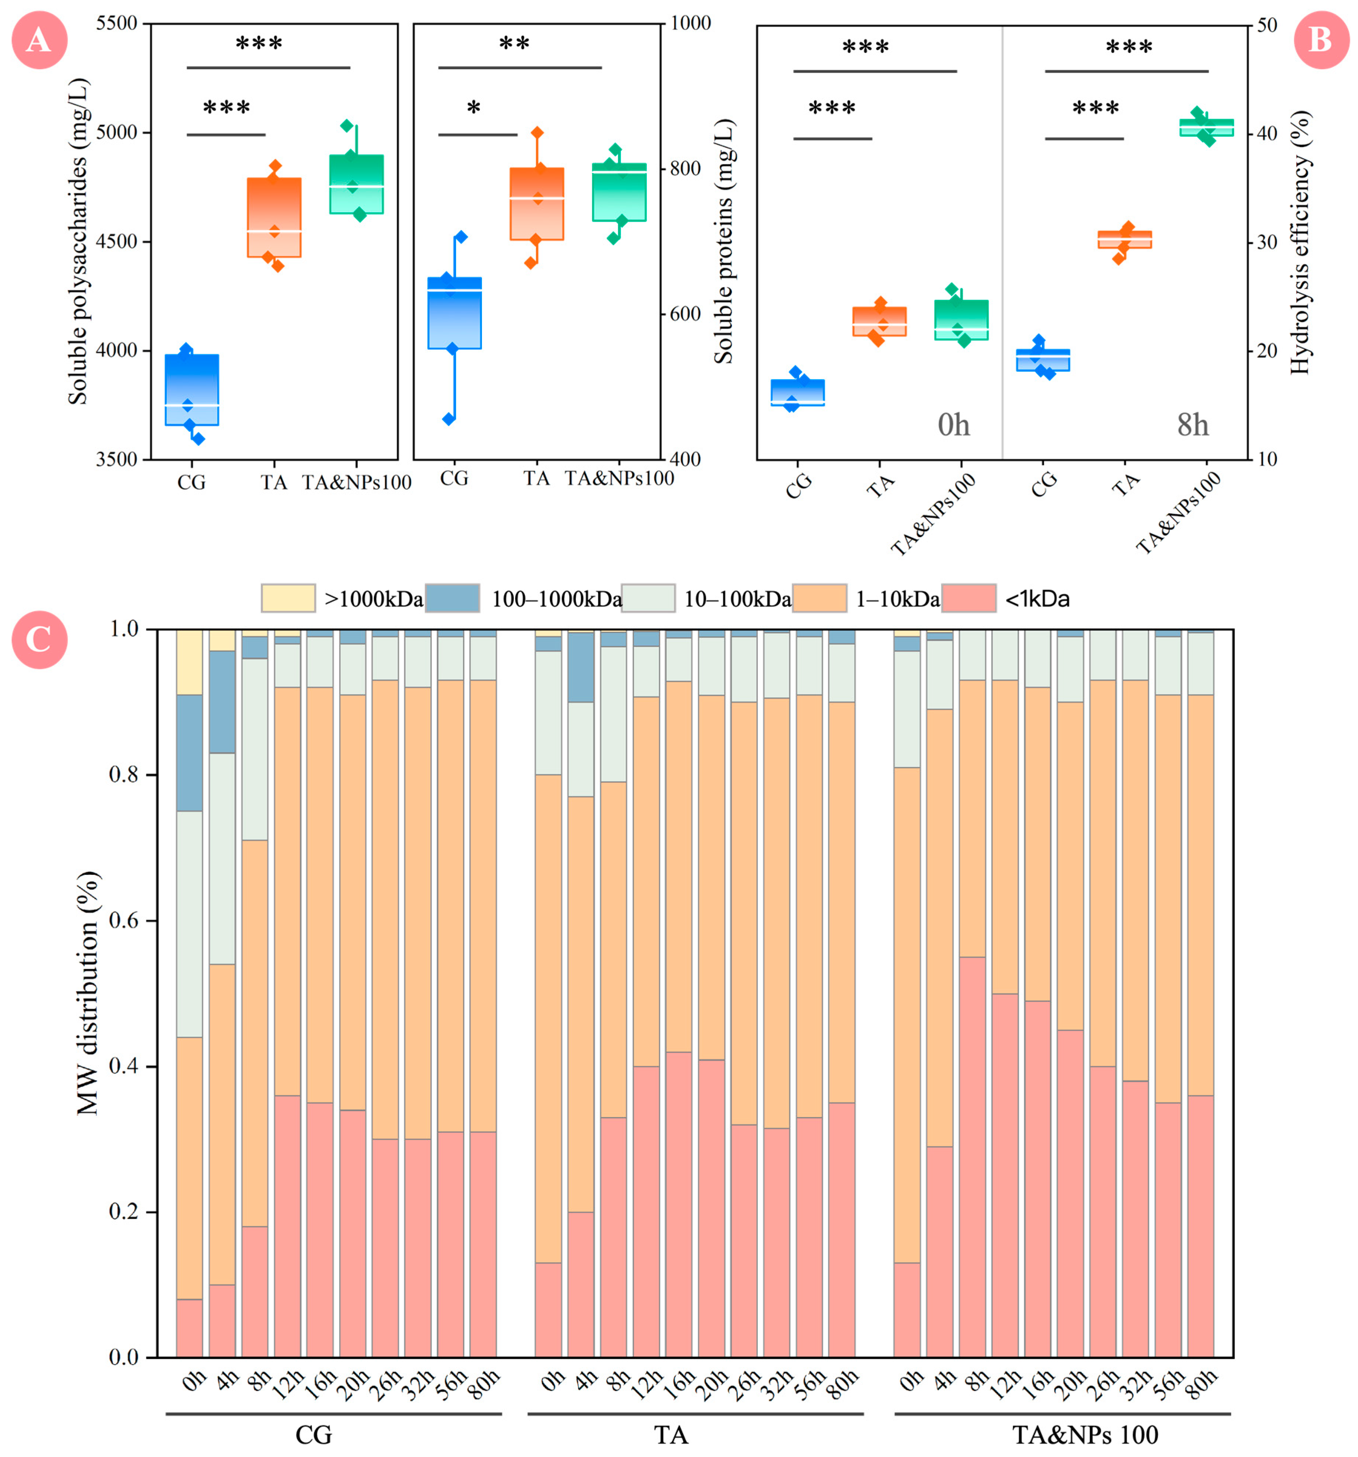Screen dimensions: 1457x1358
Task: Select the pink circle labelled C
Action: pyautogui.click(x=40, y=640)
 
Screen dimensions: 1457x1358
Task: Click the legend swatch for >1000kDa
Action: pyautogui.click(x=288, y=598)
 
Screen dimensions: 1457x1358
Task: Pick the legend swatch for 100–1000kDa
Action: pyautogui.click(x=452, y=598)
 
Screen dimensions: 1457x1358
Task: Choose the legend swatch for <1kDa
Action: pyautogui.click(x=968, y=598)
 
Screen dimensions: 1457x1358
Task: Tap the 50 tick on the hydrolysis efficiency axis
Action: pyautogui.click(x=1266, y=26)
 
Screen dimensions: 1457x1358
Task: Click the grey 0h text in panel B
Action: pyautogui.click(x=954, y=425)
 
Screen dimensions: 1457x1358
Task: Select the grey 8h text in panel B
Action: pyautogui.click(x=1192, y=425)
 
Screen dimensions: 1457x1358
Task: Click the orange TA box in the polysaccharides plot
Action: pyautogui.click(x=274, y=218)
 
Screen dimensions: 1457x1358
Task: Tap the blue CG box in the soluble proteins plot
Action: pyautogui.click(x=454, y=313)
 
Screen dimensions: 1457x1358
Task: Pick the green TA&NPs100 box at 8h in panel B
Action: pyautogui.click(x=1206, y=128)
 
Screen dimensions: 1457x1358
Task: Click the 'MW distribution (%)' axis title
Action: pyautogui.click(x=88, y=993)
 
